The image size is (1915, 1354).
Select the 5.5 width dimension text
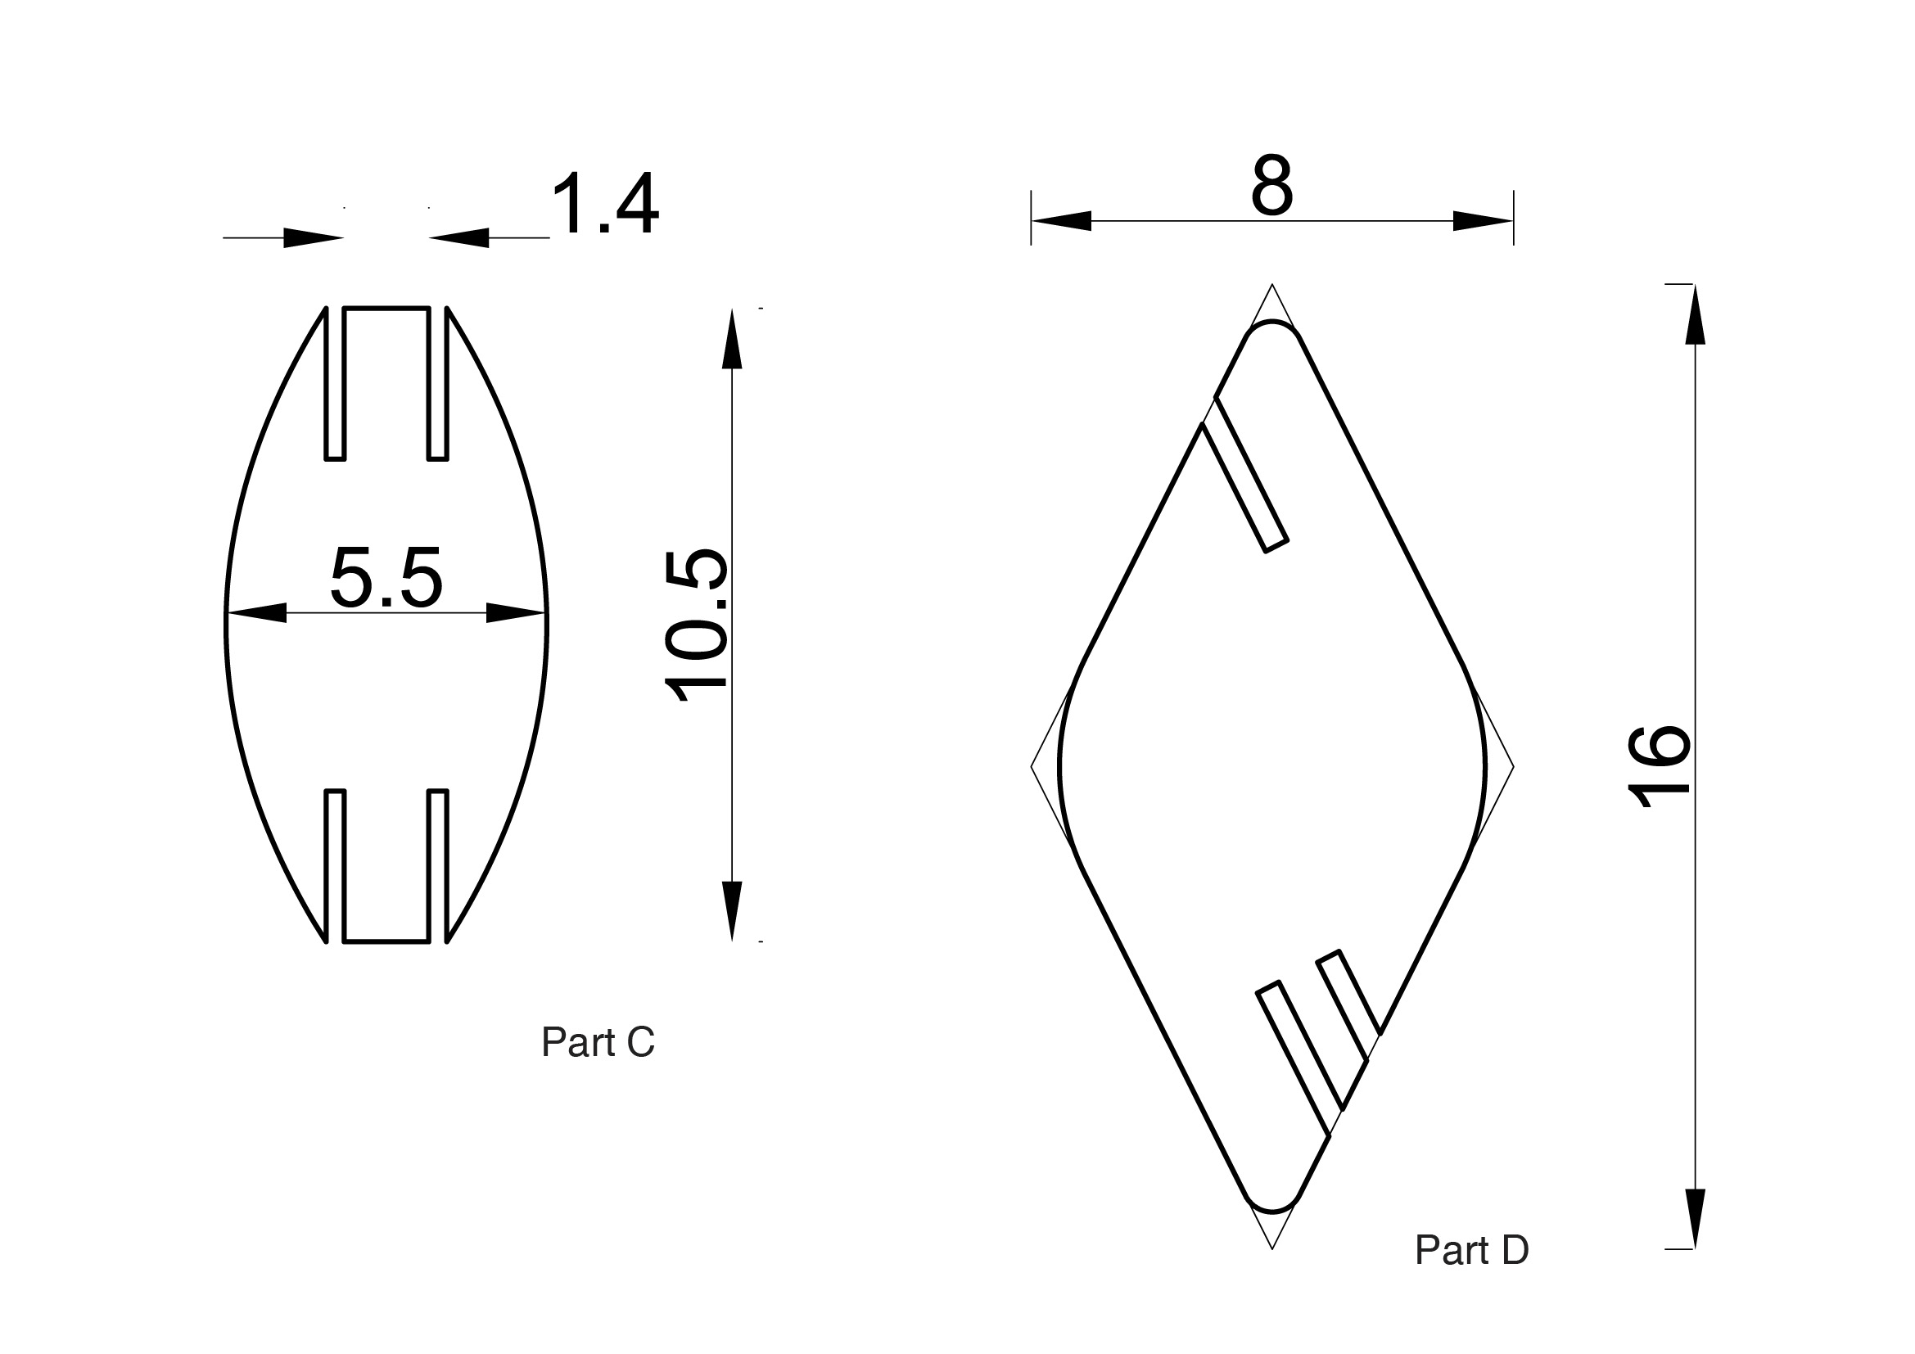[386, 576]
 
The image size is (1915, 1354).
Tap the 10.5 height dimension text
[697, 625]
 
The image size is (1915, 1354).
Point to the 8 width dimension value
[1272, 184]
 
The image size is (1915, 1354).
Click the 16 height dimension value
[1659, 767]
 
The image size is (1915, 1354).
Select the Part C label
[598, 1042]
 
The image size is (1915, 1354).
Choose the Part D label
[1472, 1250]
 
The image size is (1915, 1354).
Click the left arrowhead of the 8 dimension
[1061, 221]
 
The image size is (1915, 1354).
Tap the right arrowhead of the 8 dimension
[1483, 221]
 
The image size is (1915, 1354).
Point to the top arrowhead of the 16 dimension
[1695, 314]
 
